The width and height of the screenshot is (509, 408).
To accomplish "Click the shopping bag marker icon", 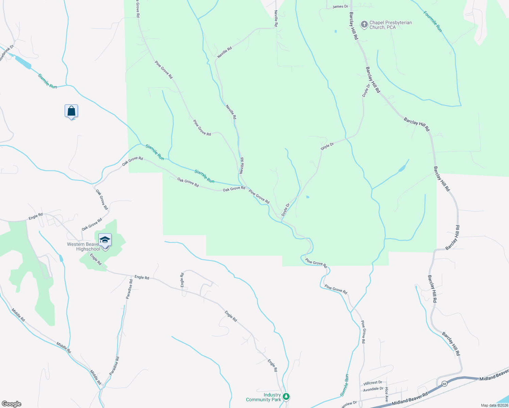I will [71, 111].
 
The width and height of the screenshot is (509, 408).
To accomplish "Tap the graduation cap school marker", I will [105, 240].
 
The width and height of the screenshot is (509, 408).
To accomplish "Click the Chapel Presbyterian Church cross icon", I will [364, 24].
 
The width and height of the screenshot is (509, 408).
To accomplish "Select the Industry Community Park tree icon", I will [286, 396].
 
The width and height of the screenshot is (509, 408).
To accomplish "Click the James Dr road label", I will [340, 6].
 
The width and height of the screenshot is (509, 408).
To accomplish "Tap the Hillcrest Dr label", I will [373, 382].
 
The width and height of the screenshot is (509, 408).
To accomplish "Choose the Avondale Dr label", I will [373, 389].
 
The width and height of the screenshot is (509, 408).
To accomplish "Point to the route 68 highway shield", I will [444, 384].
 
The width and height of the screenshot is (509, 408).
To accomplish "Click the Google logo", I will [11, 404].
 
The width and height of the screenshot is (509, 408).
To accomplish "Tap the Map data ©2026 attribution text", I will [494, 405].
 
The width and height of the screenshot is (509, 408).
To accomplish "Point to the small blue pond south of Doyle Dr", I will [308, 197].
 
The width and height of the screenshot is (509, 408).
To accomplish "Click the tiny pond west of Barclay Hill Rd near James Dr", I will [335, 31].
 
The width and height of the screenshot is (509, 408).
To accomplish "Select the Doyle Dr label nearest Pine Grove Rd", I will [285, 210].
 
